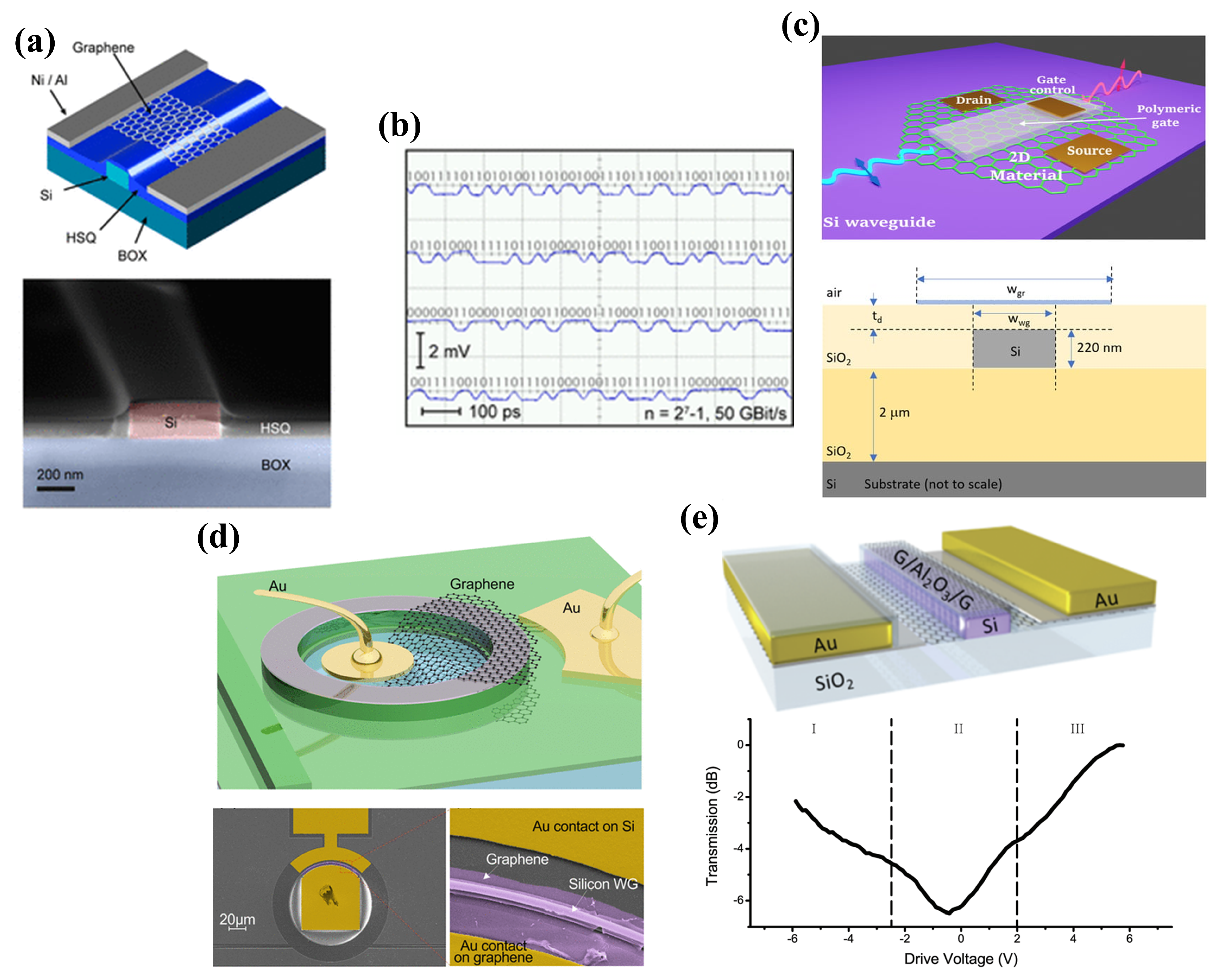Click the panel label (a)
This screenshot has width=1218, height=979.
35,42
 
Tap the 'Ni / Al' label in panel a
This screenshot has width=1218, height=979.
49,80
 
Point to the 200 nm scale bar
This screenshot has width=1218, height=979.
56,488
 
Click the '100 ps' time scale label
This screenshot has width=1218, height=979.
494,412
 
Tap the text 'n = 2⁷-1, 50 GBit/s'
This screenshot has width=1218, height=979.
715,414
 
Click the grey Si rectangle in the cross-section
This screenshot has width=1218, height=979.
1014,350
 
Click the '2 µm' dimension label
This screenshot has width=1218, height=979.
894,413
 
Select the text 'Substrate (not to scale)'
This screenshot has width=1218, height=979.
933,484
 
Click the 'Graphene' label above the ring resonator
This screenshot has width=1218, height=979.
482,584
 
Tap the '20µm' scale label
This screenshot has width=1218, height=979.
237,919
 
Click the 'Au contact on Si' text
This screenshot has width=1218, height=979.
583,826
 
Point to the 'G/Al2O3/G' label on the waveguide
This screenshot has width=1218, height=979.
932,580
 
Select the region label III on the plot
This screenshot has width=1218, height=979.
1077,728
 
